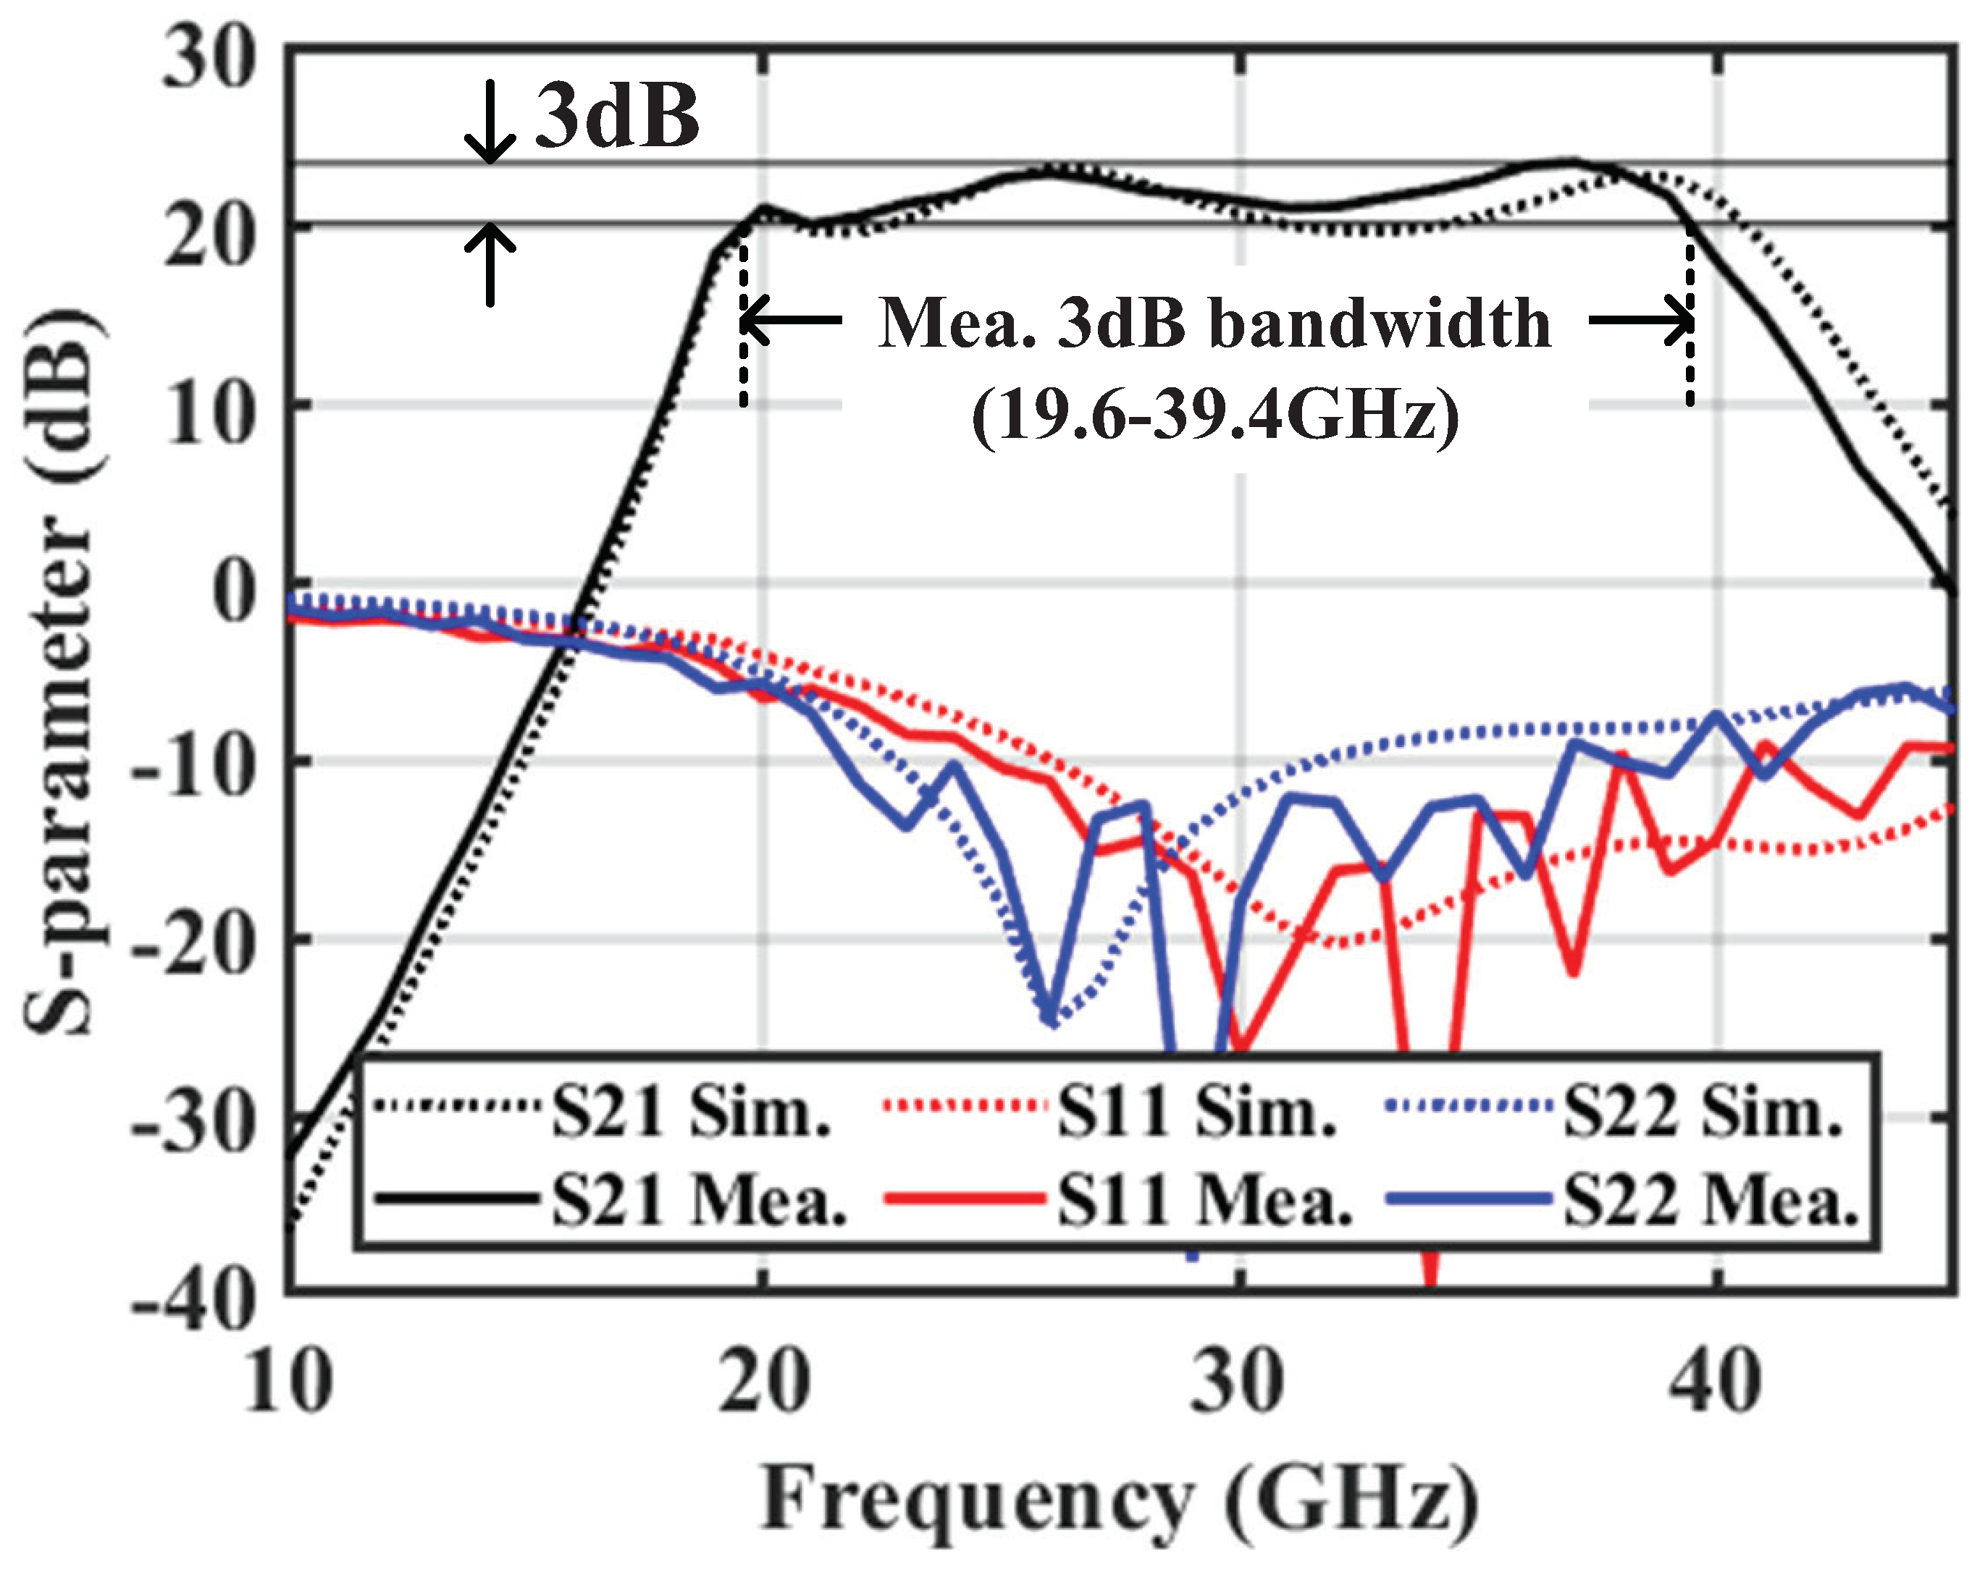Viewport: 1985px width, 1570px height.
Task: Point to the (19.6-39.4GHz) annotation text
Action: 1215,415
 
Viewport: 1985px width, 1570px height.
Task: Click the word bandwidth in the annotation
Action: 1379,324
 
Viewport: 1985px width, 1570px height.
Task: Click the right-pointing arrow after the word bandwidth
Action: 1640,321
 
